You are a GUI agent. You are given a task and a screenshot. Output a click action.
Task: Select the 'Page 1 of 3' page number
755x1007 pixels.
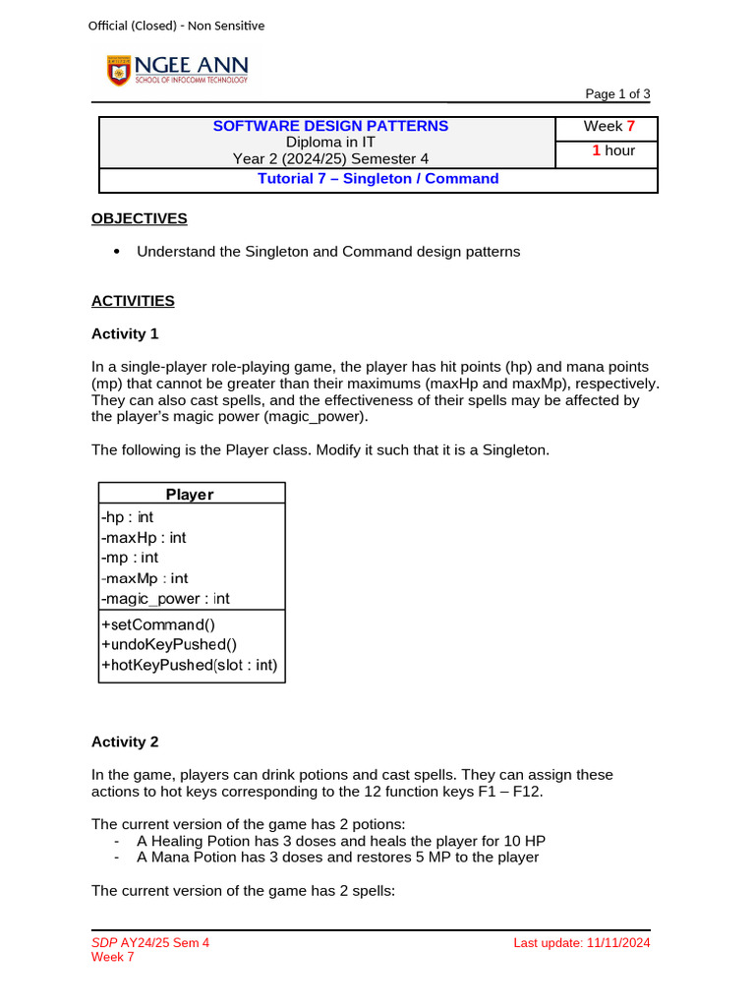coord(617,94)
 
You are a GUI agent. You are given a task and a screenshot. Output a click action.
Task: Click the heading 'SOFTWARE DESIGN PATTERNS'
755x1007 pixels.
coord(330,126)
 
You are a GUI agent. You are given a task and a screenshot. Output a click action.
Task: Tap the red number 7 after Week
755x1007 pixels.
coord(630,126)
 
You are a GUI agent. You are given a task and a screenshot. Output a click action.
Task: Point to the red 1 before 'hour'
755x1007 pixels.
coord(596,150)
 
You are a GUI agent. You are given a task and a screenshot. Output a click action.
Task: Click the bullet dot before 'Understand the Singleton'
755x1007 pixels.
coord(117,252)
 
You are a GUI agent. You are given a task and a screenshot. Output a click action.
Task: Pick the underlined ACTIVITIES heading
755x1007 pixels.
coord(133,301)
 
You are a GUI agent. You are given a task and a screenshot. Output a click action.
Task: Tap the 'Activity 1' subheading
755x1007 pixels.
coord(125,334)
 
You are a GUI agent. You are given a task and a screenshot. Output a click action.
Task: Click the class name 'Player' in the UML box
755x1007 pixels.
coord(190,495)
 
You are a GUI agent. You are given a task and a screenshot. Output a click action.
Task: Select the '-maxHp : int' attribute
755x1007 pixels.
coord(144,538)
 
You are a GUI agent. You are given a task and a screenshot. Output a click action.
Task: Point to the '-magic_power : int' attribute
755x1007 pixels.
coord(165,599)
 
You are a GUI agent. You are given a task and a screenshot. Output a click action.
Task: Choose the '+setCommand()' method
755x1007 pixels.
coord(157,623)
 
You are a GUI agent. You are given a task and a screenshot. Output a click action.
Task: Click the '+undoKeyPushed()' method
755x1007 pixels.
coord(169,644)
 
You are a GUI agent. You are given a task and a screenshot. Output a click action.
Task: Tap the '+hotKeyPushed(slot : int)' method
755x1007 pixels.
coord(190,666)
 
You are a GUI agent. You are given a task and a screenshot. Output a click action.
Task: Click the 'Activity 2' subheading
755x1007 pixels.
coord(125,741)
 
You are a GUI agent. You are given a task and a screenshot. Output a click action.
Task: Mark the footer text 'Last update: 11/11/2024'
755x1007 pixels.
coord(581,943)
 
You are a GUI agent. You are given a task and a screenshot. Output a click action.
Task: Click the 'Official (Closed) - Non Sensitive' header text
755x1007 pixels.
coord(176,26)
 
